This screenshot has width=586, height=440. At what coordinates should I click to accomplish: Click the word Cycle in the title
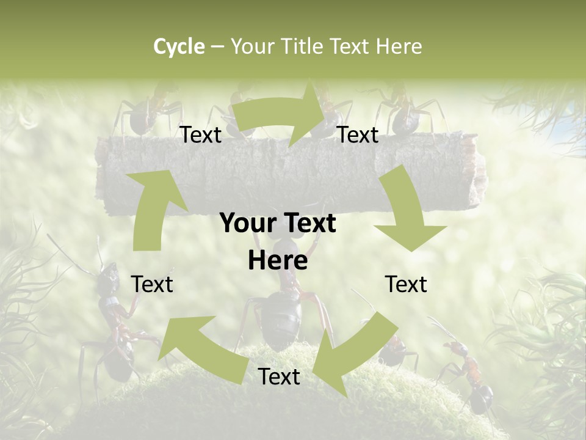(x=179, y=46)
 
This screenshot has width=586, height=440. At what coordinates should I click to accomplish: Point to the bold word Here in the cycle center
(x=278, y=260)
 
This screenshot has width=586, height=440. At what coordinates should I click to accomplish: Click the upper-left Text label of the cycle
(x=200, y=135)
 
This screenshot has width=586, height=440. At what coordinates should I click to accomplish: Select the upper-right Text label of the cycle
(x=358, y=135)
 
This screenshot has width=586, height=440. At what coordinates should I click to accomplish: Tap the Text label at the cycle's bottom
(x=279, y=377)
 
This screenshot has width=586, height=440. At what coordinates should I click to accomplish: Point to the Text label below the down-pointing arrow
(x=406, y=284)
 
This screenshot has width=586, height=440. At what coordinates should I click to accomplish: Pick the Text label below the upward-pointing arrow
(x=152, y=284)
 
